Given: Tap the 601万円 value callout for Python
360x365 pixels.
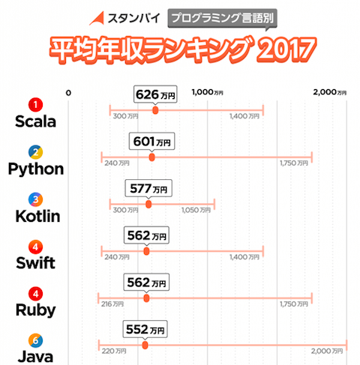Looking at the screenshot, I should pos(152,141).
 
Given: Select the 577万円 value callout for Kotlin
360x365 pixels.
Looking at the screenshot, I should pos(149,188).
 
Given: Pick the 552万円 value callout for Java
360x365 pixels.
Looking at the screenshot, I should pos(146,330).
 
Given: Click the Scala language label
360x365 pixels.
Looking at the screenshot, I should pos(35,121).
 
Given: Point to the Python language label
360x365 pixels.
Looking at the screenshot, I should pos(35,169).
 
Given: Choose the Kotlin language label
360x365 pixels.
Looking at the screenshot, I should pos(35,216).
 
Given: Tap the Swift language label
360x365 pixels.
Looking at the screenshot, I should pos(35,263).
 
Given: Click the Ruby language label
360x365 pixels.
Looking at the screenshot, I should pos(35,310).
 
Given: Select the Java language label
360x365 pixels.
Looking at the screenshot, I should pos(35,356).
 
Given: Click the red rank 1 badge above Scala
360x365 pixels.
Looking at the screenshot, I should pos(35,104).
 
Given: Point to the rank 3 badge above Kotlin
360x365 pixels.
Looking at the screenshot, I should pos(35,199).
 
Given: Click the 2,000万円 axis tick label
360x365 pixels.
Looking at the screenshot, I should pos(330,93).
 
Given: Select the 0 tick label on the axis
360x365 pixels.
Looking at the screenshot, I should pos(68,93).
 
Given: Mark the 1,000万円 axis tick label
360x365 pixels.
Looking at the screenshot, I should pos(208,93).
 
